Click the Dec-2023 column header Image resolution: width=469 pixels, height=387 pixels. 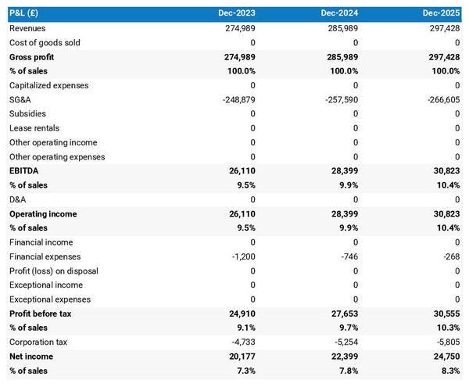236,14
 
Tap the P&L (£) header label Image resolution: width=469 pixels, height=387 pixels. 27,14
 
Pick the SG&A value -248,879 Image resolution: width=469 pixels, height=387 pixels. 237,99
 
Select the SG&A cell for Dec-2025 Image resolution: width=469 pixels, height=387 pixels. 443,99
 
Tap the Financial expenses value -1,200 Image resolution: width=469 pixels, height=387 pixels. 242,256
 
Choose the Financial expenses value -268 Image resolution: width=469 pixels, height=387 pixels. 451,256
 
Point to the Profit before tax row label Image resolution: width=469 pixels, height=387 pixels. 40,313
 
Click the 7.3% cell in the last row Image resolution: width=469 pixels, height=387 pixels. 244,370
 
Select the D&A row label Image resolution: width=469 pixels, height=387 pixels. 18,199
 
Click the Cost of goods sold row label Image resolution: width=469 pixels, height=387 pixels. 45,42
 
